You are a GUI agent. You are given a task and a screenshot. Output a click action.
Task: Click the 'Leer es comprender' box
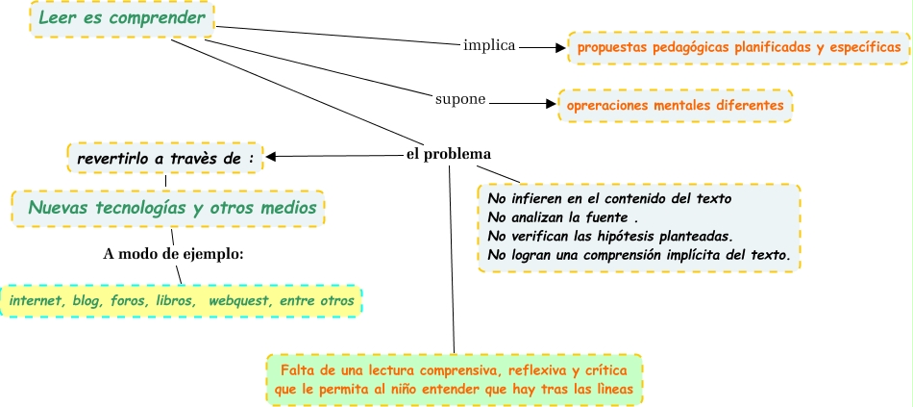121,18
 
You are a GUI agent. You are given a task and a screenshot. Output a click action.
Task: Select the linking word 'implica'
489,45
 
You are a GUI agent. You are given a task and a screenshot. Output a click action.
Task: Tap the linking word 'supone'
460,99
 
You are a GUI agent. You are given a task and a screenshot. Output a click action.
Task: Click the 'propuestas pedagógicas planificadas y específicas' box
738,46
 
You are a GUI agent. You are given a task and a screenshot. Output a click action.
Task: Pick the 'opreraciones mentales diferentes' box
675,104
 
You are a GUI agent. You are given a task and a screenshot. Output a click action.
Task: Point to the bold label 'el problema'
449,154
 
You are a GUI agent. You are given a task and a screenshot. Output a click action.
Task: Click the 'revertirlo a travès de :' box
165,157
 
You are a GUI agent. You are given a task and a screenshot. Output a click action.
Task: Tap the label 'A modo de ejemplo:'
173,254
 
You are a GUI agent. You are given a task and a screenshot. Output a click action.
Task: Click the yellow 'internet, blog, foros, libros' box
181,301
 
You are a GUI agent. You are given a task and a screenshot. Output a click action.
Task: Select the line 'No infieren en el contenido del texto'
609,198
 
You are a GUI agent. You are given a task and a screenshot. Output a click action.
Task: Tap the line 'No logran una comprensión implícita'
638,255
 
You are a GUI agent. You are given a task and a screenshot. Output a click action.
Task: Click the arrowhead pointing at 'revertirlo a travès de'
272,156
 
